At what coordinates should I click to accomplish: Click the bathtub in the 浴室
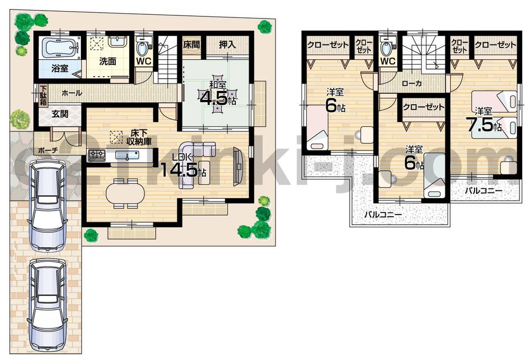[x=60, y=49]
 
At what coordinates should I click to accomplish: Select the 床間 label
[x=191, y=45]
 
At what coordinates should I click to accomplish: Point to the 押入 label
[x=227, y=45]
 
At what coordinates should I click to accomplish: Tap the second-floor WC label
[x=388, y=61]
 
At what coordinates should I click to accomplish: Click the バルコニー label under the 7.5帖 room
[x=484, y=191]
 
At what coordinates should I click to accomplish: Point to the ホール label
[x=72, y=93]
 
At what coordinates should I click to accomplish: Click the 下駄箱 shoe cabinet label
[x=42, y=95]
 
